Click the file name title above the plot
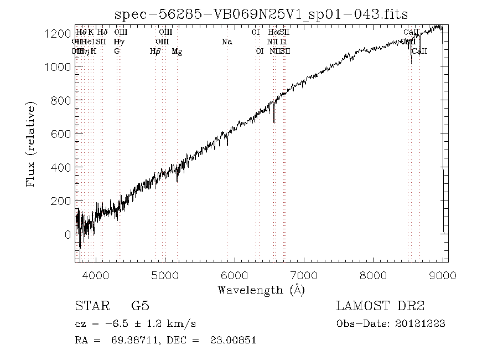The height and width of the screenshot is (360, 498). click(261, 14)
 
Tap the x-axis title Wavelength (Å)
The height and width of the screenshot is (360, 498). click(261, 290)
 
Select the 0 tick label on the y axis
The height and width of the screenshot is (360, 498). click(67, 234)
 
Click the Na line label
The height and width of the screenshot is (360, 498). click(227, 42)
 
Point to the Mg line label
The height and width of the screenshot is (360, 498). click(177, 52)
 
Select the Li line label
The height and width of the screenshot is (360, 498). click(283, 42)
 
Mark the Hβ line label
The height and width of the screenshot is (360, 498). click(155, 52)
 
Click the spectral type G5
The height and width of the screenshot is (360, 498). click(139, 306)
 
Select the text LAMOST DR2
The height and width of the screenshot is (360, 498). click(380, 306)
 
